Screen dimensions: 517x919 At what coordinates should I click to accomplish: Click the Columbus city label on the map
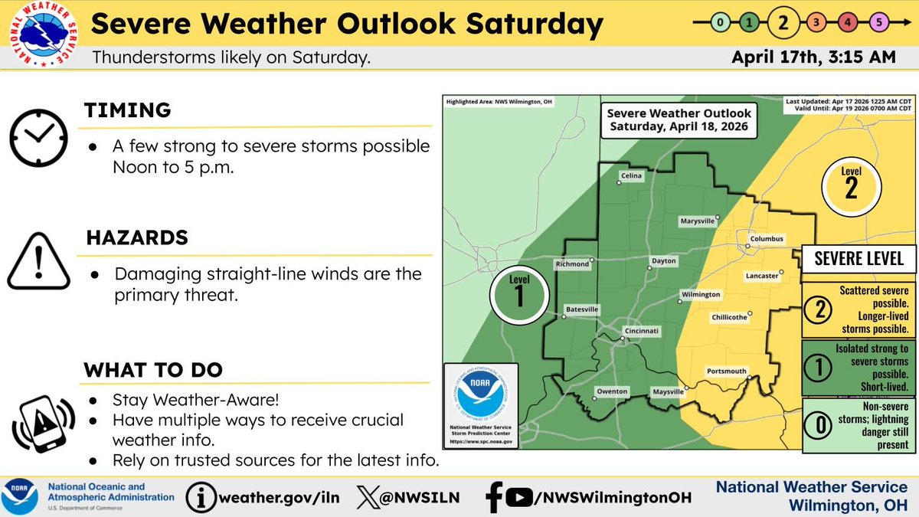(767, 239)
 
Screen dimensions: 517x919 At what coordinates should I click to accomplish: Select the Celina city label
(630, 176)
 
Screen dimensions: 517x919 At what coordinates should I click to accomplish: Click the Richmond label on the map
(572, 264)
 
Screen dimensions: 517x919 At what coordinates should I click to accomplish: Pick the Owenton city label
(612, 391)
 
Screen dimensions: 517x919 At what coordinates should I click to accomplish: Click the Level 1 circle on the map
(518, 291)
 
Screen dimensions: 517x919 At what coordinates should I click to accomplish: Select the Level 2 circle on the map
(850, 185)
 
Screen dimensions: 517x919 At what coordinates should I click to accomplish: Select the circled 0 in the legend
(819, 425)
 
